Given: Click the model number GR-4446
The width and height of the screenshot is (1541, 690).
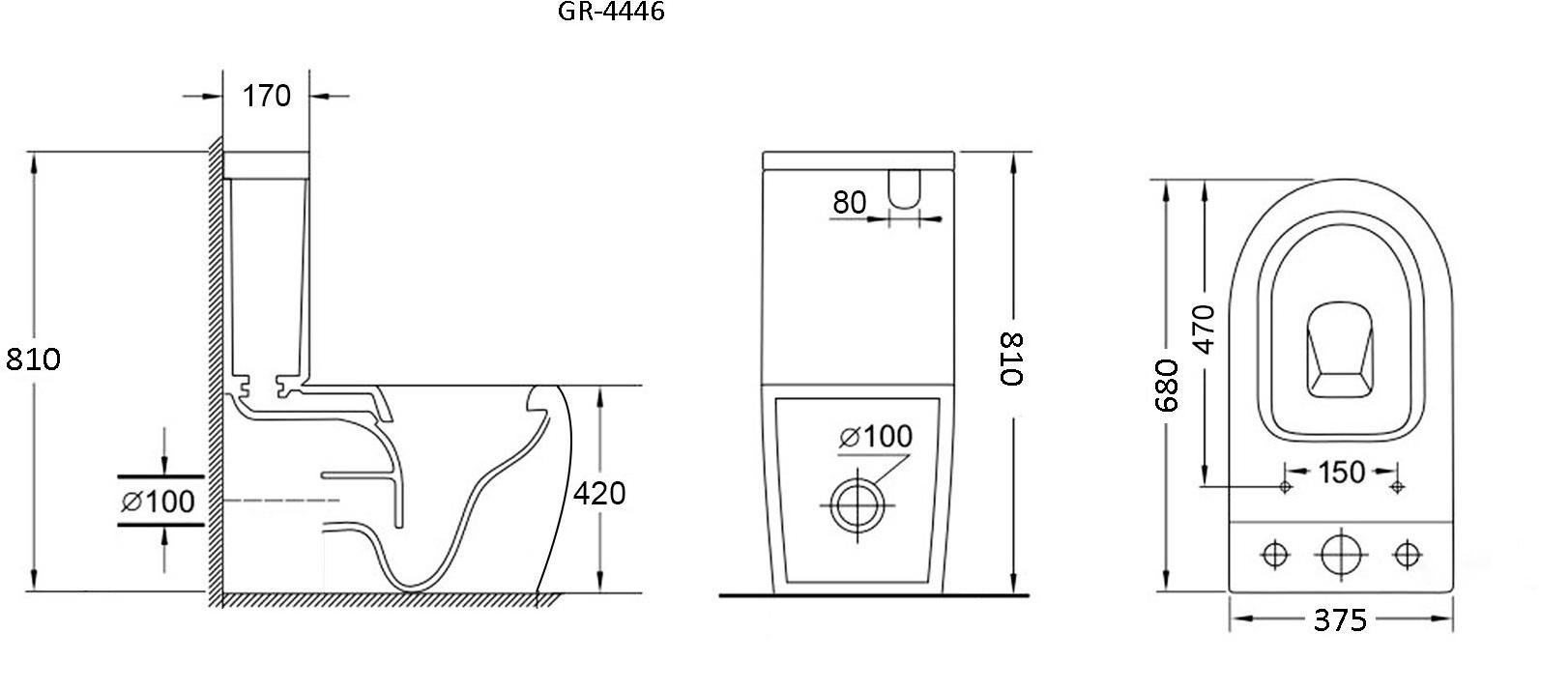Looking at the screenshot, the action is [x=611, y=11].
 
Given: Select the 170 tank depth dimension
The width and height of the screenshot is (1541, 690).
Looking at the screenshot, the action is [x=266, y=97].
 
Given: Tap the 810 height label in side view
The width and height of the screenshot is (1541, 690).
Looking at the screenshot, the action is [x=33, y=359].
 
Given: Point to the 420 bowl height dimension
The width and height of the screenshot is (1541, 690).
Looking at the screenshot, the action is [x=599, y=493].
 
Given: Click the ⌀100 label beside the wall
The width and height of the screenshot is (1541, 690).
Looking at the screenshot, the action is [x=159, y=502].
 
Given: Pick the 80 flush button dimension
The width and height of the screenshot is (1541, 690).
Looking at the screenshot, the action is [x=850, y=202].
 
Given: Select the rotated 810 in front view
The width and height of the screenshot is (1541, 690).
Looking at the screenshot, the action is [x=1010, y=359].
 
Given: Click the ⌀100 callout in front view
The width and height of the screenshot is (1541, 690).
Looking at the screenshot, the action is [x=876, y=436].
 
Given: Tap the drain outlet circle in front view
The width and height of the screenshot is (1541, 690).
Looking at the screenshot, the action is [x=858, y=505].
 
